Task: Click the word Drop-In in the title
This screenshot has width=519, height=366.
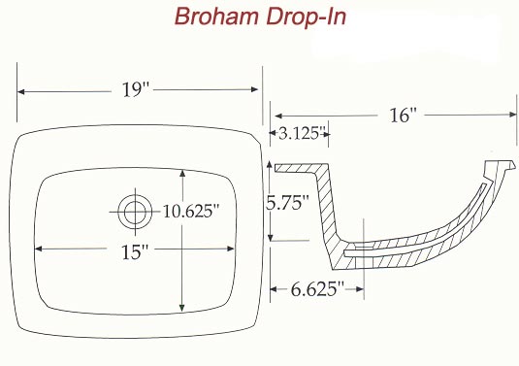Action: pyautogui.click(x=307, y=16)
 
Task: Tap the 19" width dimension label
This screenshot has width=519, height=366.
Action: pyautogui.click(x=136, y=89)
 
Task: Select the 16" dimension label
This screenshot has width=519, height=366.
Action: pyautogui.click(x=403, y=116)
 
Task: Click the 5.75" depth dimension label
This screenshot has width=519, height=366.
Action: pyautogui.click(x=287, y=202)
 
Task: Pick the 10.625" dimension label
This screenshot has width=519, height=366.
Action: pyautogui.click(x=191, y=212)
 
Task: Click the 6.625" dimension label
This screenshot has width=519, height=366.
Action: pyautogui.click(x=317, y=289)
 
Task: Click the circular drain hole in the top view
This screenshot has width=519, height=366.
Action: pyautogui.click(x=135, y=212)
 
